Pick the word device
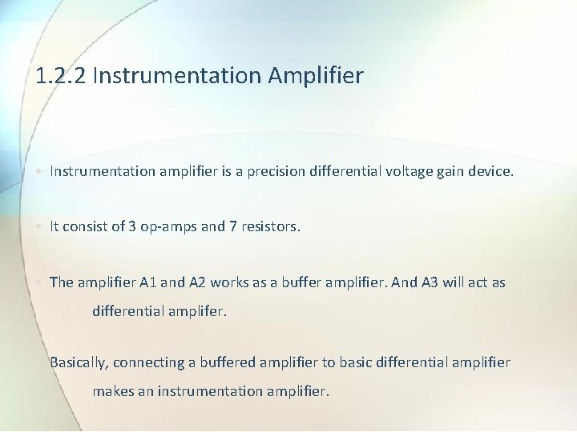click(x=491, y=170)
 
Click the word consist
click(x=90, y=226)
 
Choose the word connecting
click(x=150, y=362)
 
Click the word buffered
click(x=227, y=362)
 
